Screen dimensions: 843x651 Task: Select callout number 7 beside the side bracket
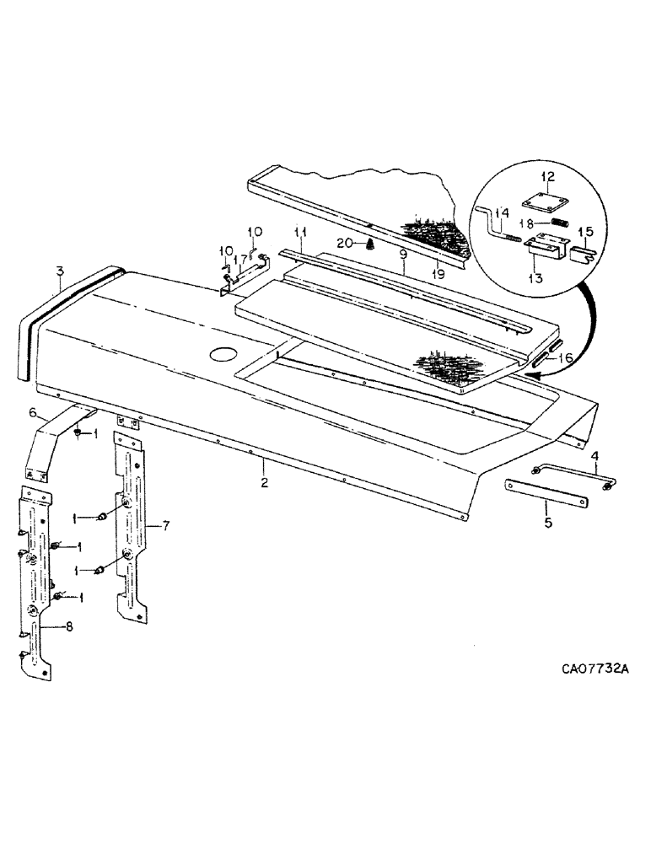point(166,526)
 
